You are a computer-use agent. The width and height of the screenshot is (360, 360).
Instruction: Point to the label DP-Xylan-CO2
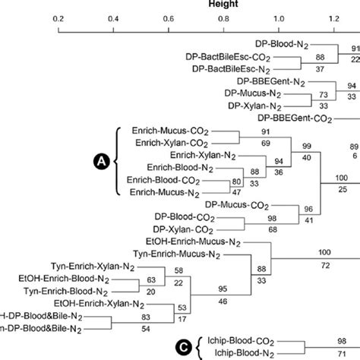183,229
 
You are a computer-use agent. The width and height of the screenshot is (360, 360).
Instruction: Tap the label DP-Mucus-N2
270,95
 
